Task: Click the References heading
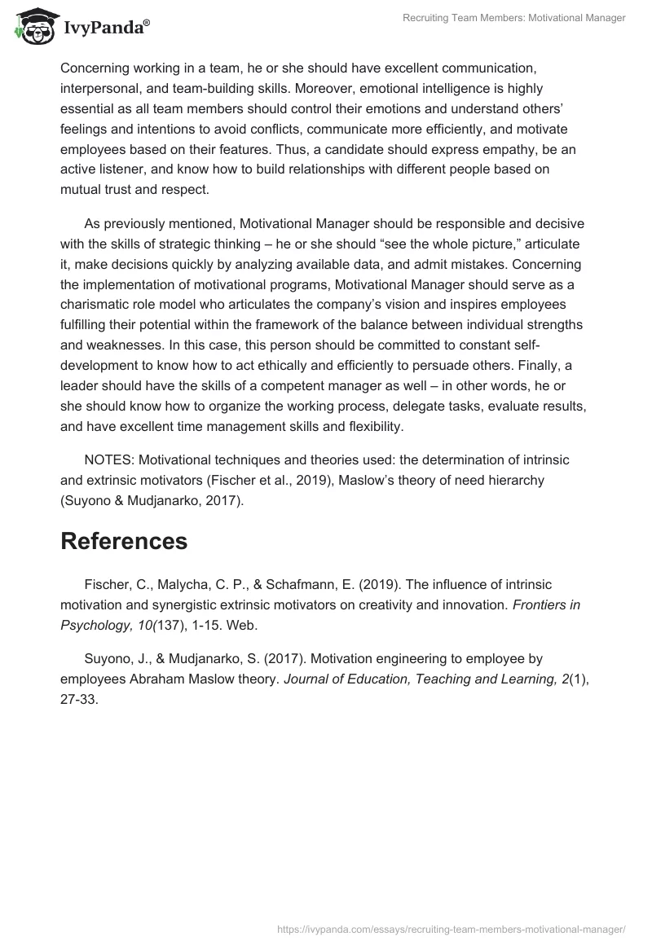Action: [x=124, y=541]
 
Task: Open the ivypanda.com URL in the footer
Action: [x=451, y=928]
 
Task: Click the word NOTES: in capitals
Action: [x=108, y=459]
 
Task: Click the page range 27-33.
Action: [x=80, y=699]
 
